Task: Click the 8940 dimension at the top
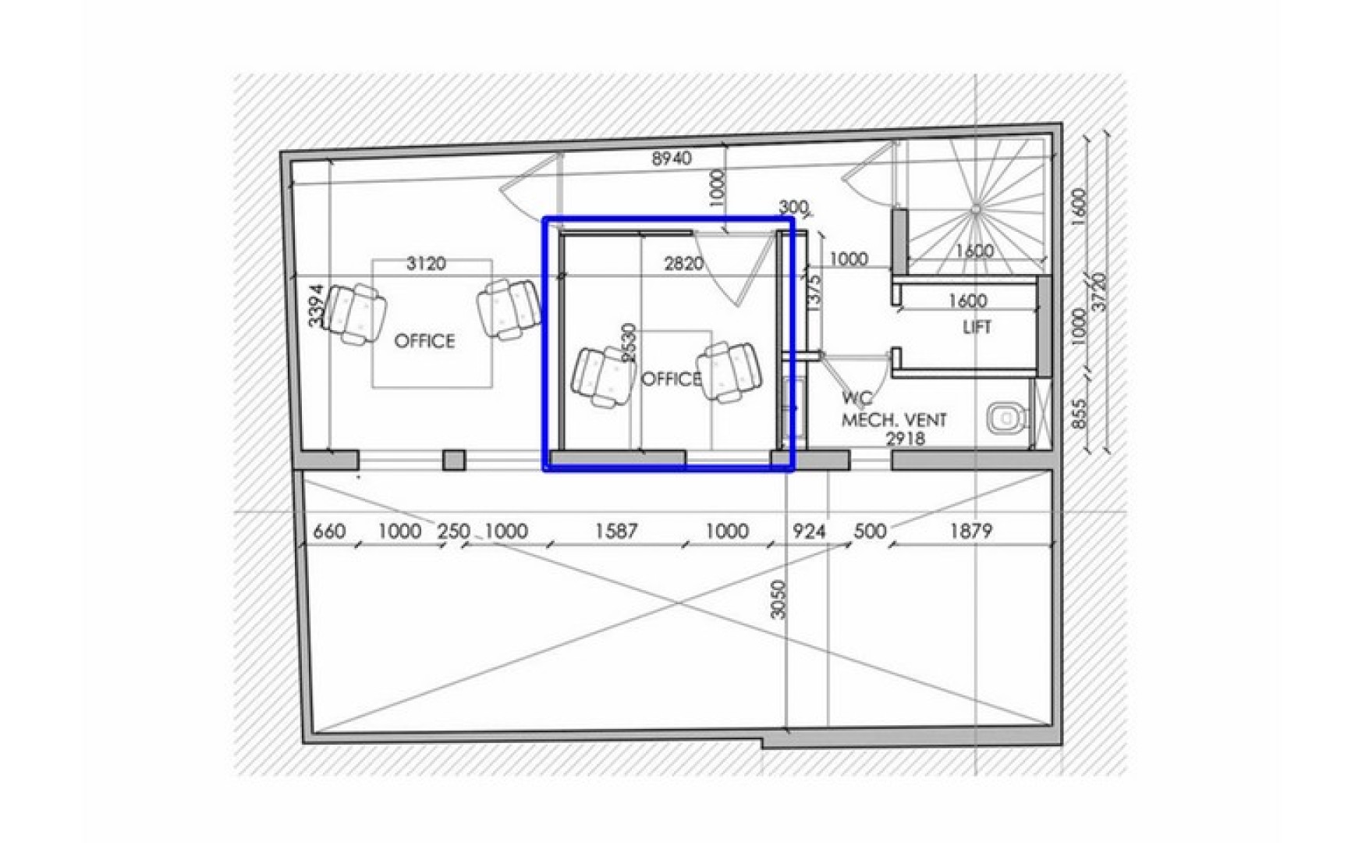point(672,158)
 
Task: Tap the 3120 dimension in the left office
point(426,264)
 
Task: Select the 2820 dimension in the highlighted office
point(683,264)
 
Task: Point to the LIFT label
point(977,327)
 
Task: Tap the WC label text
point(856,398)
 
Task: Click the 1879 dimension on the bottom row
point(971,532)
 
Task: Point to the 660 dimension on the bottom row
point(328,532)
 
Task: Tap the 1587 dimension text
point(616,532)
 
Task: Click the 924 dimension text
point(809,532)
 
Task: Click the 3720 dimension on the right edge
point(1099,292)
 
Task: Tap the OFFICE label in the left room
point(424,341)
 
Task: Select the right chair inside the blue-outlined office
point(729,372)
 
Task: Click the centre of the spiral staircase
point(975,208)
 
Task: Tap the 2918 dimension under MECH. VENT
point(905,439)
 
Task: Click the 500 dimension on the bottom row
point(870,532)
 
